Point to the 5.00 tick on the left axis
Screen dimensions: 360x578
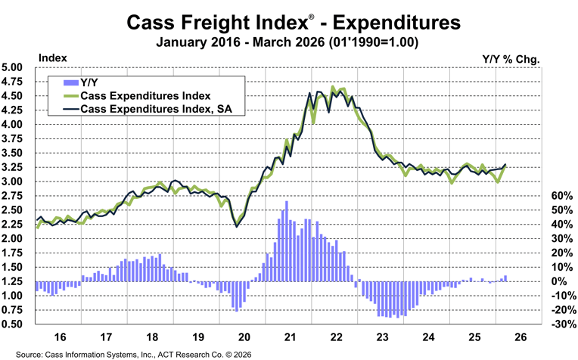click(x=16, y=67)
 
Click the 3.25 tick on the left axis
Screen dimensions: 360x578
click(x=16, y=167)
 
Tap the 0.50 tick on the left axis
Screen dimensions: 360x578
click(x=16, y=324)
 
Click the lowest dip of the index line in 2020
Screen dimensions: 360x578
click(x=238, y=226)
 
